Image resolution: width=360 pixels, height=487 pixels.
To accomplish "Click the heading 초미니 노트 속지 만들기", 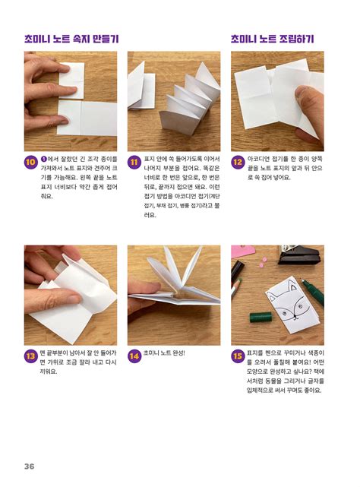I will [x=71, y=38].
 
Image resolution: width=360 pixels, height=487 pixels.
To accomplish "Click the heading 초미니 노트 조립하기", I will [x=273, y=38].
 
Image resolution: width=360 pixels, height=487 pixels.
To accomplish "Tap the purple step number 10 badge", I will [x=30, y=162].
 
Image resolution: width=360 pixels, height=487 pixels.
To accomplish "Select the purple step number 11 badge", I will [x=134, y=162].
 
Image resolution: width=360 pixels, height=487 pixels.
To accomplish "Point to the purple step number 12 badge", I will [x=237, y=162].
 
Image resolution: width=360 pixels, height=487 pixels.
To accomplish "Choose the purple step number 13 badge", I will [x=30, y=355].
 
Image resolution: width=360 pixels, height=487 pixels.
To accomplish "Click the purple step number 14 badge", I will [x=134, y=355].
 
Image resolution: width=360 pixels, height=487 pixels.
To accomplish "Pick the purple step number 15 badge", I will [x=237, y=355].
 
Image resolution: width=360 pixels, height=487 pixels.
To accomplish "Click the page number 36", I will [x=29, y=466].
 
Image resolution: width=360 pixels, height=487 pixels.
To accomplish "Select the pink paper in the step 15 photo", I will [x=243, y=251].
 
